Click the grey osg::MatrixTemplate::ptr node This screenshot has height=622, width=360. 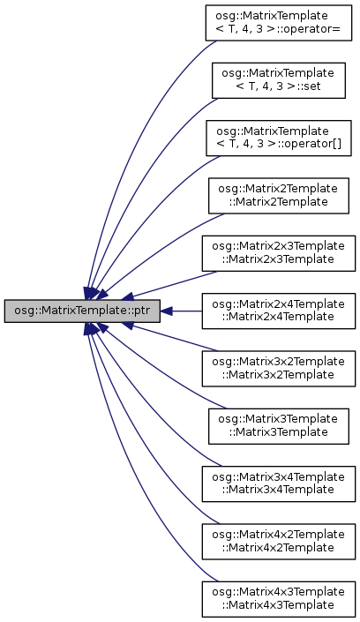tap(82, 311)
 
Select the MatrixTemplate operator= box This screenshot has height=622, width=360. tap(279, 23)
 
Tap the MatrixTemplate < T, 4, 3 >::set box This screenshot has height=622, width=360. tap(279, 80)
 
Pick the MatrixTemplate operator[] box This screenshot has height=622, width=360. tap(279, 138)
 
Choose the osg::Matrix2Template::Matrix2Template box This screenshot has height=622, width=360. tap(279, 196)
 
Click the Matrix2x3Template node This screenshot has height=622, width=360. tap(279, 253)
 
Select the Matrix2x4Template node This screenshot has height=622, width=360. tap(279, 311)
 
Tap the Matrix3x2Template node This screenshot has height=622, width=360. tap(279, 369)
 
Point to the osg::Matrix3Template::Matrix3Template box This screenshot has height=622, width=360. tap(279, 426)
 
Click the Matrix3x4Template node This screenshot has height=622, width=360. tap(279, 484)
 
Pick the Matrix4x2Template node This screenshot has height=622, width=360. tap(279, 542)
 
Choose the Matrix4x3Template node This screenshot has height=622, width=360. tap(279, 599)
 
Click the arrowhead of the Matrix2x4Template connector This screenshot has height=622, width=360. tap(166, 311)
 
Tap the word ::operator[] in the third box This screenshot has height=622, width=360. tap(309, 144)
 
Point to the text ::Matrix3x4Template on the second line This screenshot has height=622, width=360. tap(278, 490)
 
